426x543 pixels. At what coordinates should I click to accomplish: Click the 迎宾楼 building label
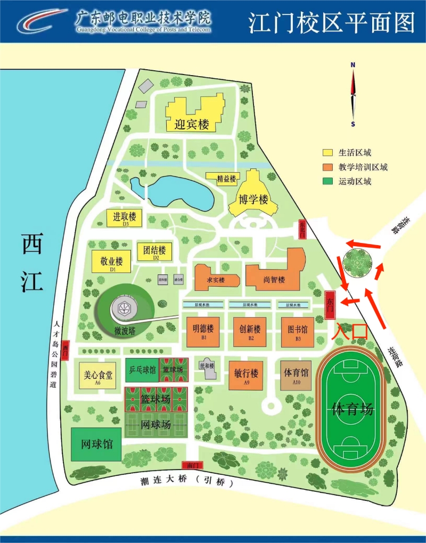192,125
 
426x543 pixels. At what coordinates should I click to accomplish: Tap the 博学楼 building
253,199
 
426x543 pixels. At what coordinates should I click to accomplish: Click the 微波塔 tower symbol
125,308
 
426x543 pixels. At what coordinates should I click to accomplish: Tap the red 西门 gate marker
65,351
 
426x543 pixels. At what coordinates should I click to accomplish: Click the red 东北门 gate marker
302,230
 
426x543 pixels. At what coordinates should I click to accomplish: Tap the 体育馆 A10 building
296,375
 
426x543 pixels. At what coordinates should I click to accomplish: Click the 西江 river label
32,263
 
